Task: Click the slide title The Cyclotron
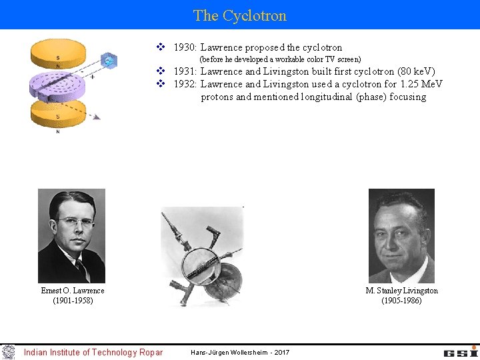[240, 15]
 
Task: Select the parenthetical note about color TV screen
[281, 59]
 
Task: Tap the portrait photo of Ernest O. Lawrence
[71, 235]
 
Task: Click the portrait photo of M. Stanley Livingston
[401, 235]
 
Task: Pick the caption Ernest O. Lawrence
[73, 291]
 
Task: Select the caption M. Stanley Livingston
[401, 291]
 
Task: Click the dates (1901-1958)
[73, 301]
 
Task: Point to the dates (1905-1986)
[401, 301]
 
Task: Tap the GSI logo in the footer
[461, 351]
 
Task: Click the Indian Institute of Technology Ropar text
[93, 352]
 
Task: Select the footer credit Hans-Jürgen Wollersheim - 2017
[240, 352]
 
